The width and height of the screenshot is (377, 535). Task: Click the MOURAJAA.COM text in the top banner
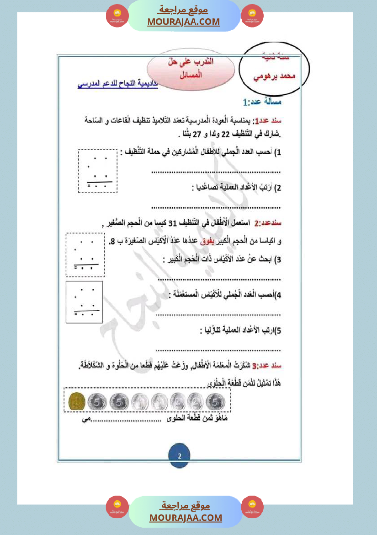click(x=183, y=22)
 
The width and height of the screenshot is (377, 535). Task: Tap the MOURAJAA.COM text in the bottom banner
click(x=186, y=518)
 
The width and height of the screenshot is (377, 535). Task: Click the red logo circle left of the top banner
click(x=117, y=16)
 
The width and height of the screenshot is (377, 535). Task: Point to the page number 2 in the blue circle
click(x=180, y=456)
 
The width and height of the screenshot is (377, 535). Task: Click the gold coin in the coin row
click(x=76, y=402)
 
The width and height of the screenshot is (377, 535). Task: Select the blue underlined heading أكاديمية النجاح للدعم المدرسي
click(x=117, y=85)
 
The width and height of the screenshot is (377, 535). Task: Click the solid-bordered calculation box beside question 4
click(x=84, y=302)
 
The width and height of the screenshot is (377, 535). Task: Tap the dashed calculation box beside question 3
click(x=85, y=255)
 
